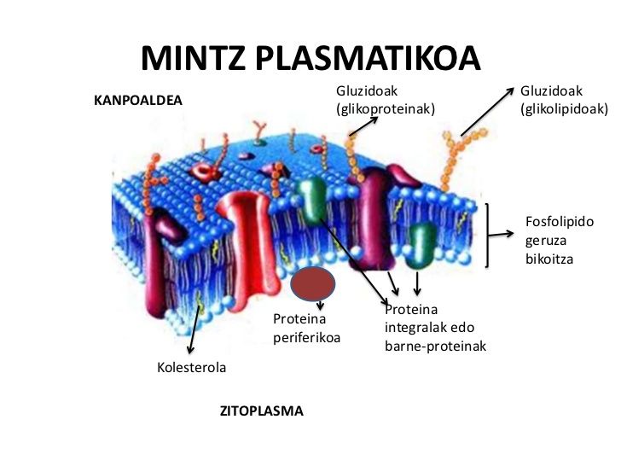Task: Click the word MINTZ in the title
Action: pyautogui.click(x=193, y=58)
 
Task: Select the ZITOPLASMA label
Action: pyautogui.click(x=262, y=411)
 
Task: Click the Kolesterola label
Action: pyautogui.click(x=192, y=368)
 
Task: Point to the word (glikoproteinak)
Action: pyautogui.click(x=386, y=108)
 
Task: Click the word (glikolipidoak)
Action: pyautogui.click(x=564, y=108)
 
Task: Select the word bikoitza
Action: pyautogui.click(x=549, y=259)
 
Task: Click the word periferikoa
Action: pyautogui.click(x=307, y=337)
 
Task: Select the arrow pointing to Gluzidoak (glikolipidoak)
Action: pyautogui.click(x=487, y=112)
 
